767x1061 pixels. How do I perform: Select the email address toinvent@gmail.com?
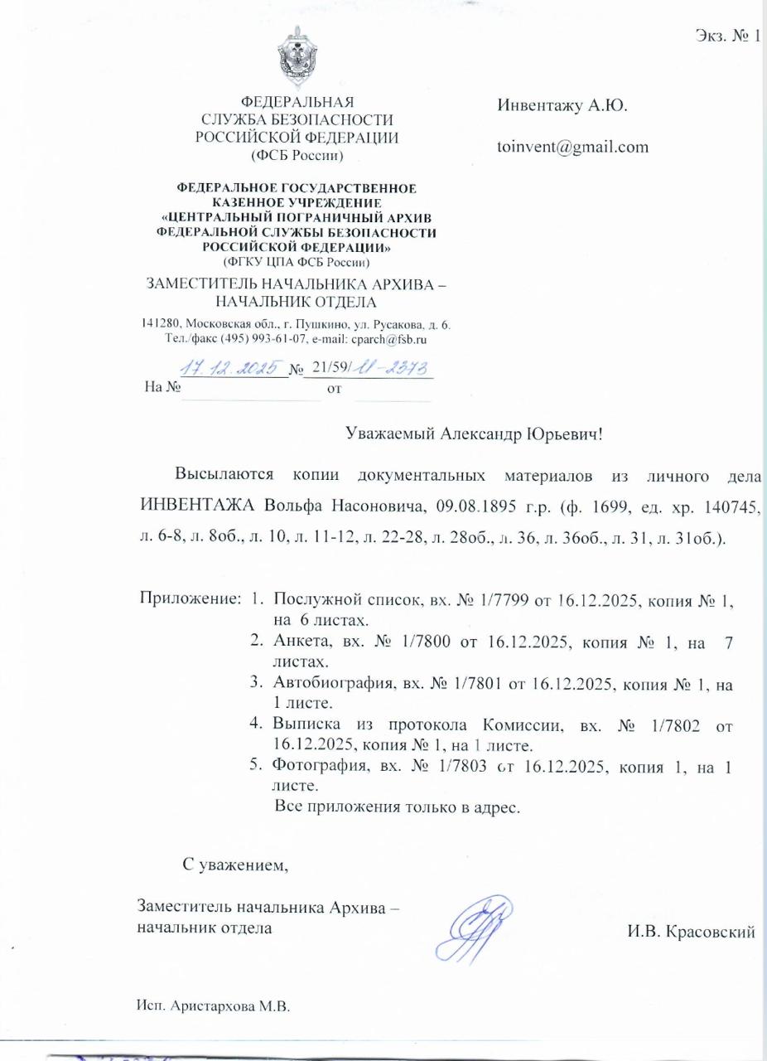572,147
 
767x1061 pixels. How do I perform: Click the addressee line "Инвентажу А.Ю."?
562,106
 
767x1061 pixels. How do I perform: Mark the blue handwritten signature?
478,928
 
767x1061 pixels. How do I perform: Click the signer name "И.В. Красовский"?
692,932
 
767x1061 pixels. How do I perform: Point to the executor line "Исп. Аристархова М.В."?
215,1005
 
